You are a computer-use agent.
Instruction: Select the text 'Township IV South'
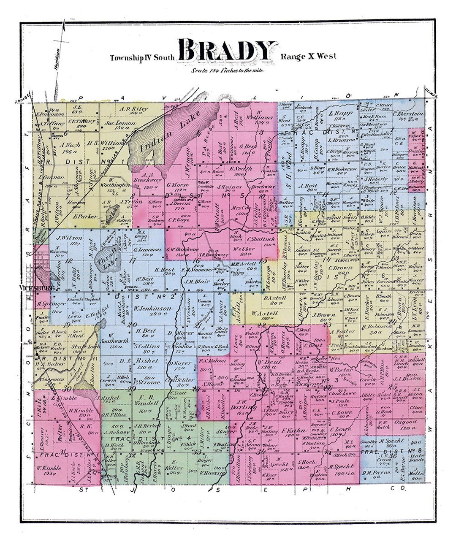point(142,57)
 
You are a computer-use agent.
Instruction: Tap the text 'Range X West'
point(308,57)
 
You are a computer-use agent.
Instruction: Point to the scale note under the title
point(228,70)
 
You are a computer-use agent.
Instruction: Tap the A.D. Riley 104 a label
point(134,111)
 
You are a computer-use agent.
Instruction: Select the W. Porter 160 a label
point(340,371)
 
